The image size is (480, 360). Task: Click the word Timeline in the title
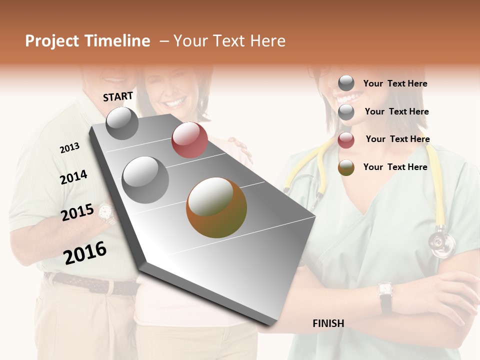coord(117,41)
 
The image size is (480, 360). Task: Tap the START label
coord(118,96)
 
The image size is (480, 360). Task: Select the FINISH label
coord(328,323)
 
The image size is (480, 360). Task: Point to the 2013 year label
coord(69,148)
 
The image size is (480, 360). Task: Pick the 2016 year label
coord(85,252)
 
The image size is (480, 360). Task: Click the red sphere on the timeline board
coord(189,140)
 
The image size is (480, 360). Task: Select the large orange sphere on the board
coord(216,207)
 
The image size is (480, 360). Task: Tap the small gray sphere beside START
coord(122,123)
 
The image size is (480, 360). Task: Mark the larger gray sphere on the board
coord(145,179)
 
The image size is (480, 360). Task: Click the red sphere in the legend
coord(346,140)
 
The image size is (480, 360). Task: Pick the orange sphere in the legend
coord(346,167)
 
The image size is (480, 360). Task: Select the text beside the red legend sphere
coord(397,139)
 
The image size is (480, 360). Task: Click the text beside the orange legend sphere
coord(395,167)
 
